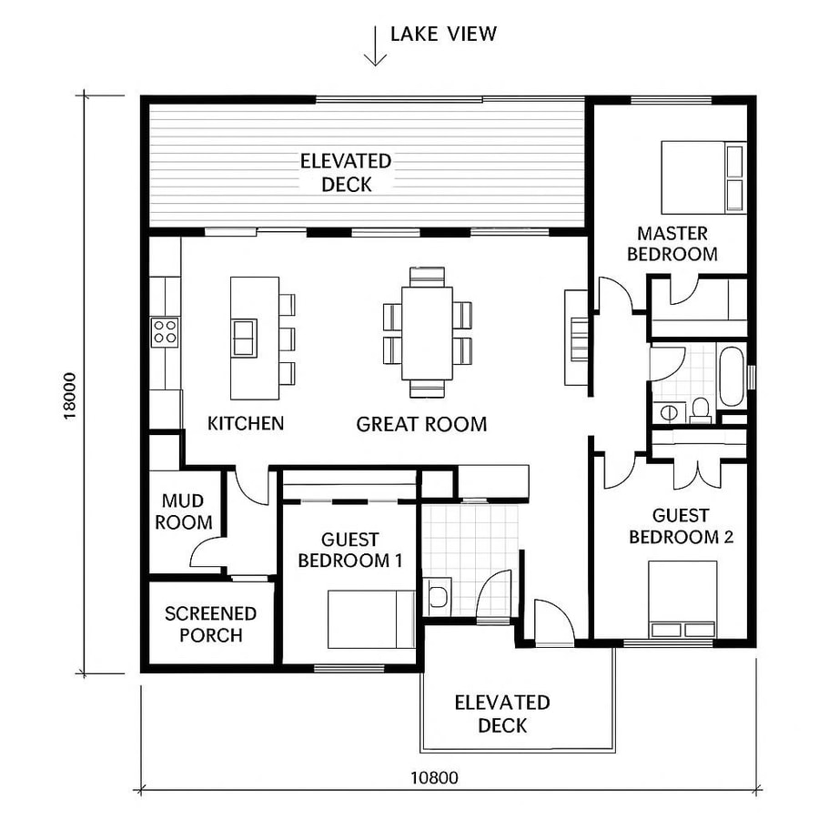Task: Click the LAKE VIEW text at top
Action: coord(443,35)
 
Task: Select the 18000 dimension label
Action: coord(70,396)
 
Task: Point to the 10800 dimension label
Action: coord(434,777)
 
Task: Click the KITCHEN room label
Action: coord(246,423)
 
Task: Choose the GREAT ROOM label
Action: coord(421,424)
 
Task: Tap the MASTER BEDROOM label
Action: coord(672,244)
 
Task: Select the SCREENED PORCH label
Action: coord(210,624)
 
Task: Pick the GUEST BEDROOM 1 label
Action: coord(350,551)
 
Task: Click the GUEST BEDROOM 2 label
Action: coord(681,526)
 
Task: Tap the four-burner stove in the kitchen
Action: coord(165,331)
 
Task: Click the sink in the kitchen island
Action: coord(244,337)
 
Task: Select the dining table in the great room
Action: coord(427,332)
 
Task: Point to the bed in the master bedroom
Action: coord(703,176)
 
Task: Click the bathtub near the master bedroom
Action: coord(731,375)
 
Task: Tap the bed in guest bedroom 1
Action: coord(370,619)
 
